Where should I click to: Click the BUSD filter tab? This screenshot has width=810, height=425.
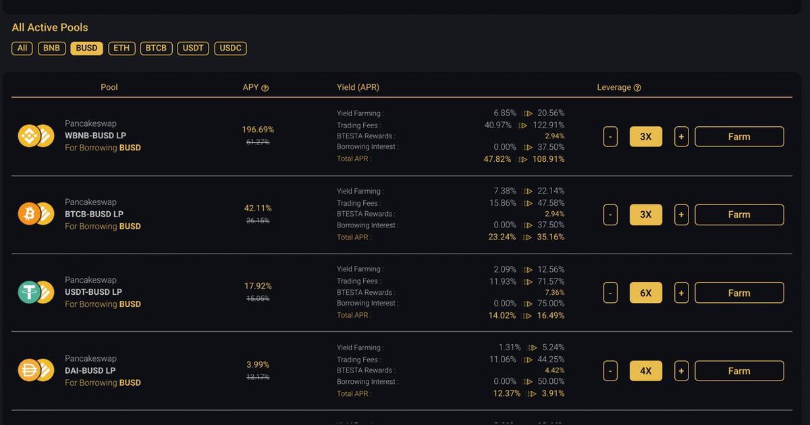point(86,48)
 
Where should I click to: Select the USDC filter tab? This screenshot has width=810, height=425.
point(230,48)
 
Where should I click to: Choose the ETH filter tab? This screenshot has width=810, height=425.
point(122,48)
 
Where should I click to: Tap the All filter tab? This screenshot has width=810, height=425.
point(22,48)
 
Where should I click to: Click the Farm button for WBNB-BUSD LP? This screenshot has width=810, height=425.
point(739,137)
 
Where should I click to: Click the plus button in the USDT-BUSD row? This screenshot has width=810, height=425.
point(681,293)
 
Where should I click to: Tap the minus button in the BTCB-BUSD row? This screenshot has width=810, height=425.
point(610,215)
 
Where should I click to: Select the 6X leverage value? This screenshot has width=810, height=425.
point(646,293)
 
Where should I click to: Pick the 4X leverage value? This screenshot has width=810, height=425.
point(646,371)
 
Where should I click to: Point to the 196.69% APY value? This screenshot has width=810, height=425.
point(258,130)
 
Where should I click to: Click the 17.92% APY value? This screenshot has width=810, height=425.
point(258,286)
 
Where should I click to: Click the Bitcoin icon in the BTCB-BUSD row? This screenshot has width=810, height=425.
point(29,214)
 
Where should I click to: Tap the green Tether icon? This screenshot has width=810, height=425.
point(29,292)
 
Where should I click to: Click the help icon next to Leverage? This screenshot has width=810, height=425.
point(637,88)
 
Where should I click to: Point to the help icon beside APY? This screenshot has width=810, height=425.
point(265,88)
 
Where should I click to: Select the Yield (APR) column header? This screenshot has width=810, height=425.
point(358,88)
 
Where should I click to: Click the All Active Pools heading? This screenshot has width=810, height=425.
point(50,28)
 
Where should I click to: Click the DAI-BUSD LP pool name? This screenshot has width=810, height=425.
point(90,370)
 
